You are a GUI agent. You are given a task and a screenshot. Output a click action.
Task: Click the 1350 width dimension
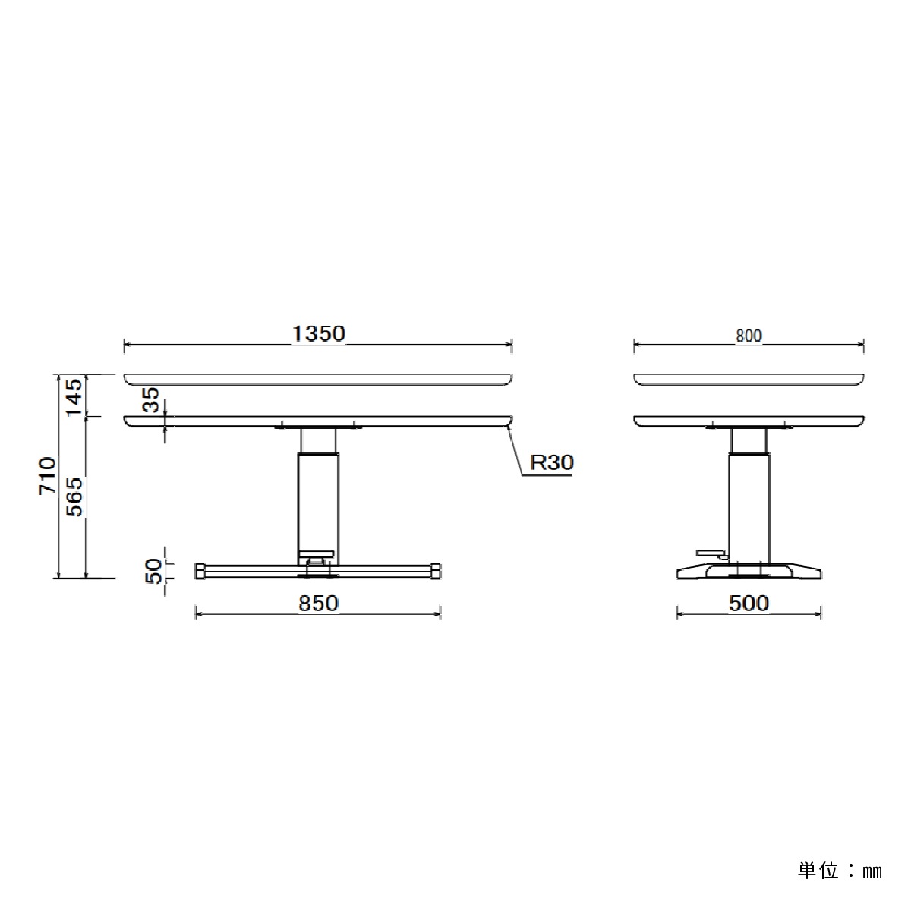tap(319, 334)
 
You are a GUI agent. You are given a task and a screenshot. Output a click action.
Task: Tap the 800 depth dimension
tap(749, 336)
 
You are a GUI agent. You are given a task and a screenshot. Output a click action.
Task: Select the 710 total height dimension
tap(47, 476)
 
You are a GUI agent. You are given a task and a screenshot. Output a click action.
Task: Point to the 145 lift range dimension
tap(74, 398)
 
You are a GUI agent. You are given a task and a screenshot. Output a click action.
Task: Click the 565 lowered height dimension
tap(74, 496)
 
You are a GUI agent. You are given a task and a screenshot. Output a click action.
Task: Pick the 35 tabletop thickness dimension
tap(151, 400)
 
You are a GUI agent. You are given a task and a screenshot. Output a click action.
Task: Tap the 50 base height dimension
tap(153, 571)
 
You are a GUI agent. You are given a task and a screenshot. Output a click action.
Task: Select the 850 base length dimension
tap(318, 604)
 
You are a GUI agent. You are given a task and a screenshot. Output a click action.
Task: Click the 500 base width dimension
tap(749, 604)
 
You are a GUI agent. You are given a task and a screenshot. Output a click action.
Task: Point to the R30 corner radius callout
tap(552, 462)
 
